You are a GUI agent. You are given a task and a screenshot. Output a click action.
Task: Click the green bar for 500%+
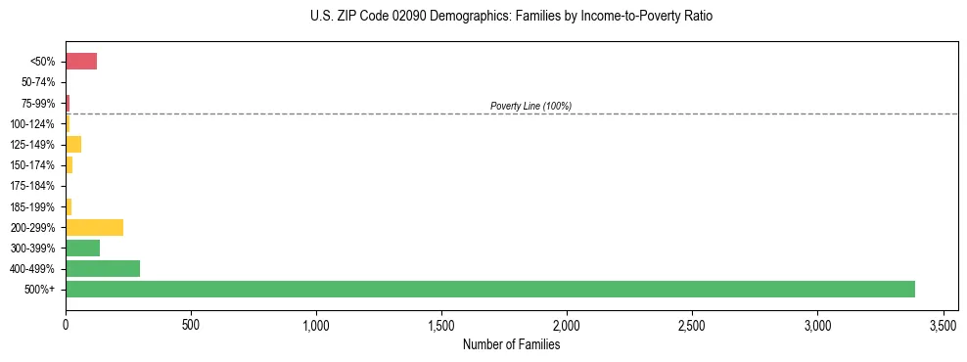pyautogui.click(x=489, y=289)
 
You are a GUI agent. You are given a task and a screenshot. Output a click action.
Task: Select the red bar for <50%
pyautogui.click(x=81, y=62)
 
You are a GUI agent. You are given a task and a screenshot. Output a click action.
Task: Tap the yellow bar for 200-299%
pyautogui.click(x=94, y=227)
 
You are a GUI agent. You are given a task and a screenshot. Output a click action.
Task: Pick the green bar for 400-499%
pyautogui.click(x=103, y=268)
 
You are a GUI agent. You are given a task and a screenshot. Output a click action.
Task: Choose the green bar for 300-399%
pyautogui.click(x=82, y=248)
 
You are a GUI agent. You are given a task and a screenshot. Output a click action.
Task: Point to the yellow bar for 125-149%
pyautogui.click(x=73, y=145)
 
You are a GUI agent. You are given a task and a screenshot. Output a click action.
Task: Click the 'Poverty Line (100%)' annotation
pyautogui.click(x=530, y=106)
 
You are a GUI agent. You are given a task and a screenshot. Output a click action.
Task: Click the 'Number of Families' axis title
pyautogui.click(x=511, y=344)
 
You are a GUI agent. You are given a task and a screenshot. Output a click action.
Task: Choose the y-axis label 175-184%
pyautogui.click(x=32, y=186)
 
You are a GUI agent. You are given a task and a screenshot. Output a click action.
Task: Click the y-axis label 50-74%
pyautogui.click(x=37, y=83)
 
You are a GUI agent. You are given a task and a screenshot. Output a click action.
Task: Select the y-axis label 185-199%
pyautogui.click(x=32, y=206)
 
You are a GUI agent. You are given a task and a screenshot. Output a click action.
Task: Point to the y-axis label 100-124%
pyautogui.click(x=32, y=124)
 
